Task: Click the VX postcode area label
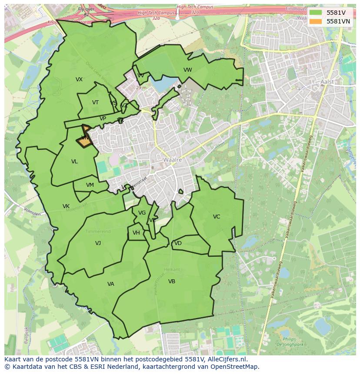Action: (79, 79)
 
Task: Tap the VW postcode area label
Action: (188, 70)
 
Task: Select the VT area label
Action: (95, 103)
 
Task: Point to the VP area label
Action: (103, 119)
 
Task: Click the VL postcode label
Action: (74, 162)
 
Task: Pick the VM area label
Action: (90, 185)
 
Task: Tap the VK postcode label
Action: (66, 206)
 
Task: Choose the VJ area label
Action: (98, 243)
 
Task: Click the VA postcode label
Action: (111, 284)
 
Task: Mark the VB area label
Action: (172, 281)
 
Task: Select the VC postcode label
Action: (217, 217)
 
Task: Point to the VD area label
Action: (178, 243)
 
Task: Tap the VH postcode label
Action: (136, 233)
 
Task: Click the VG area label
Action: (142, 213)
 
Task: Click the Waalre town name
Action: (172, 160)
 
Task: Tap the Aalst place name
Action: (327, 82)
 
